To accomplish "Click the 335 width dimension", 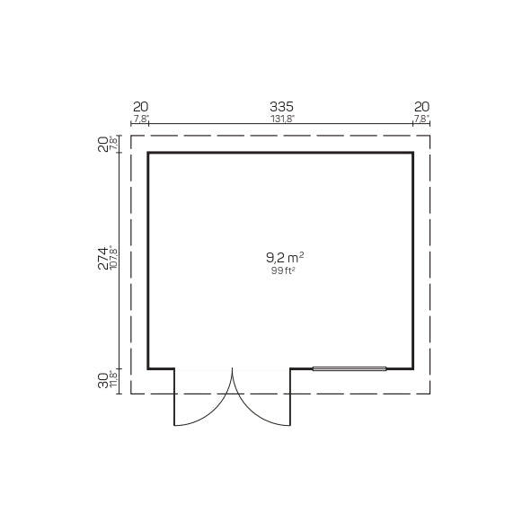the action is [x=281, y=107].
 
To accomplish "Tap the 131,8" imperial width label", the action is [x=283, y=119].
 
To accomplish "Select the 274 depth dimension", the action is [x=103, y=258].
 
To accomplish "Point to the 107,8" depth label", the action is [x=114, y=259].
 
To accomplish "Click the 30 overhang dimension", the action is [x=103, y=380].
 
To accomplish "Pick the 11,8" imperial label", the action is [x=114, y=379].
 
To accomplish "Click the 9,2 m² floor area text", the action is [x=285, y=258].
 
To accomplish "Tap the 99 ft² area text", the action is [x=281, y=270].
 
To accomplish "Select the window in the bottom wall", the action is [x=350, y=368].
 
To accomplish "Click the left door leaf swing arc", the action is [x=216, y=411].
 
